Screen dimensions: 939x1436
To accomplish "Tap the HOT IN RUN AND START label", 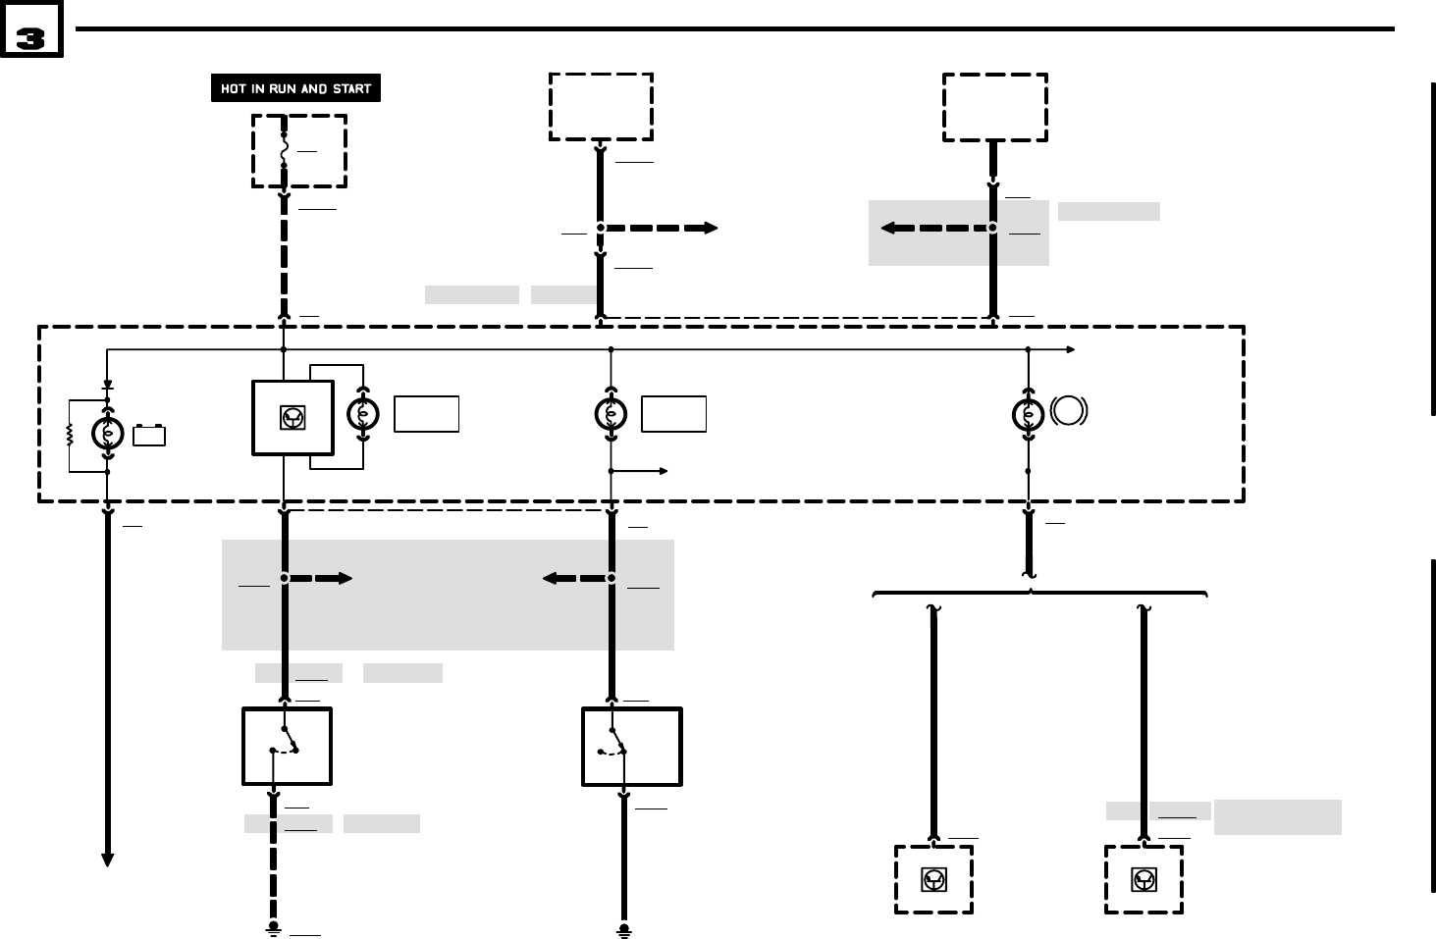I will click(x=295, y=88).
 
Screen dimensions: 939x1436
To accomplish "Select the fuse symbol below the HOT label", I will click(x=285, y=151).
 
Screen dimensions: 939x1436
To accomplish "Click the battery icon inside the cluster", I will click(x=149, y=435).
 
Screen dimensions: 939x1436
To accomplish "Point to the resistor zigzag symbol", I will click(x=70, y=434).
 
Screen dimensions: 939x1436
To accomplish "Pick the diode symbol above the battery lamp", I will click(x=107, y=387).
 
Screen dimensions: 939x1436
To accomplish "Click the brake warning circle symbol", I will click(x=1069, y=410).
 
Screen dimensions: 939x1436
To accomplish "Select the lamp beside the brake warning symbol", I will click(x=1028, y=415).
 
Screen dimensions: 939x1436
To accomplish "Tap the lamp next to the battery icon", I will click(x=107, y=434).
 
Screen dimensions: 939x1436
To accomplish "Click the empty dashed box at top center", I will click(x=601, y=107).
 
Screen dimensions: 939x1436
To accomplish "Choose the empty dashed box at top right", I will click(x=994, y=107).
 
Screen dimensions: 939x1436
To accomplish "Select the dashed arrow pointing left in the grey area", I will click(x=933, y=228).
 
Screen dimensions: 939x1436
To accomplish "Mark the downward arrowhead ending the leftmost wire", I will click(x=107, y=860).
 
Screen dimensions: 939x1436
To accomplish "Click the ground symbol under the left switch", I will click(x=274, y=928).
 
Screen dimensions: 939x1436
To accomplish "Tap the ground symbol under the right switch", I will click(x=623, y=928).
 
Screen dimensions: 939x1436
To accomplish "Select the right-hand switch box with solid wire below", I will click(x=631, y=747).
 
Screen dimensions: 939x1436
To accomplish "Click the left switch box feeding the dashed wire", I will click(x=287, y=747).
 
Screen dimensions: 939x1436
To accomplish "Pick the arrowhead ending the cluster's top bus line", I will click(x=1070, y=349).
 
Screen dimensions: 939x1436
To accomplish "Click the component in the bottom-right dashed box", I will click(x=1143, y=880).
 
